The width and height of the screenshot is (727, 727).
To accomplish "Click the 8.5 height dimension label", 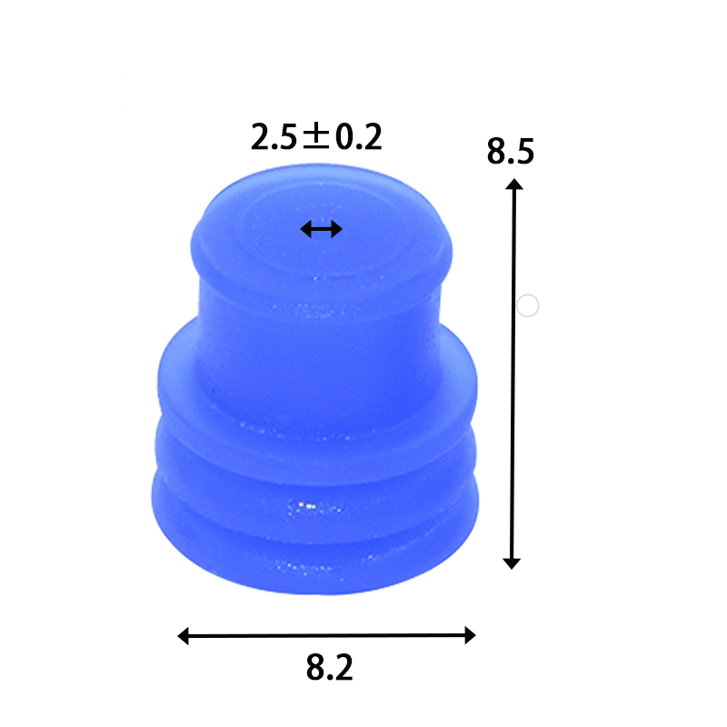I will pos(510,151).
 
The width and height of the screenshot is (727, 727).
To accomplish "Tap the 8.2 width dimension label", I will pos(329,669).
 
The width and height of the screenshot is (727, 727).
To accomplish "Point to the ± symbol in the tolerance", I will pos(315,137).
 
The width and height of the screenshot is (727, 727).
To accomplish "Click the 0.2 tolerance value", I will pos(358,137).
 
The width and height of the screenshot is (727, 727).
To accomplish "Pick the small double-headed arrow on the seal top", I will pos(321,229).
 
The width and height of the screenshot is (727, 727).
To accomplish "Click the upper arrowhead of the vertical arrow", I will pos(514,184).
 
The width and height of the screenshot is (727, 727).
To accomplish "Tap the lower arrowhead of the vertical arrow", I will pos(512,563).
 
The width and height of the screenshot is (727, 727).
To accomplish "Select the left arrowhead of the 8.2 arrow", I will pos(183,636).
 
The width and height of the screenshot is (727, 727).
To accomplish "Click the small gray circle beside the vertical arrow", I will pos(528,305).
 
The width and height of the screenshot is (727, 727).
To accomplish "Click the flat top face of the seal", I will pos(321,214).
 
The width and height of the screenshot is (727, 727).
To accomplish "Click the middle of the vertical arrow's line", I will pos(513,373).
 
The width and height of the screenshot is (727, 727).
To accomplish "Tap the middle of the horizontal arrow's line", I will pos(327,636).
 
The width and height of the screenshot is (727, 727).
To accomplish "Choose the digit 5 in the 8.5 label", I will pos(523,151).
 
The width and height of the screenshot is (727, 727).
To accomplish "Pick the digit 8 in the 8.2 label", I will pos(314,669).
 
